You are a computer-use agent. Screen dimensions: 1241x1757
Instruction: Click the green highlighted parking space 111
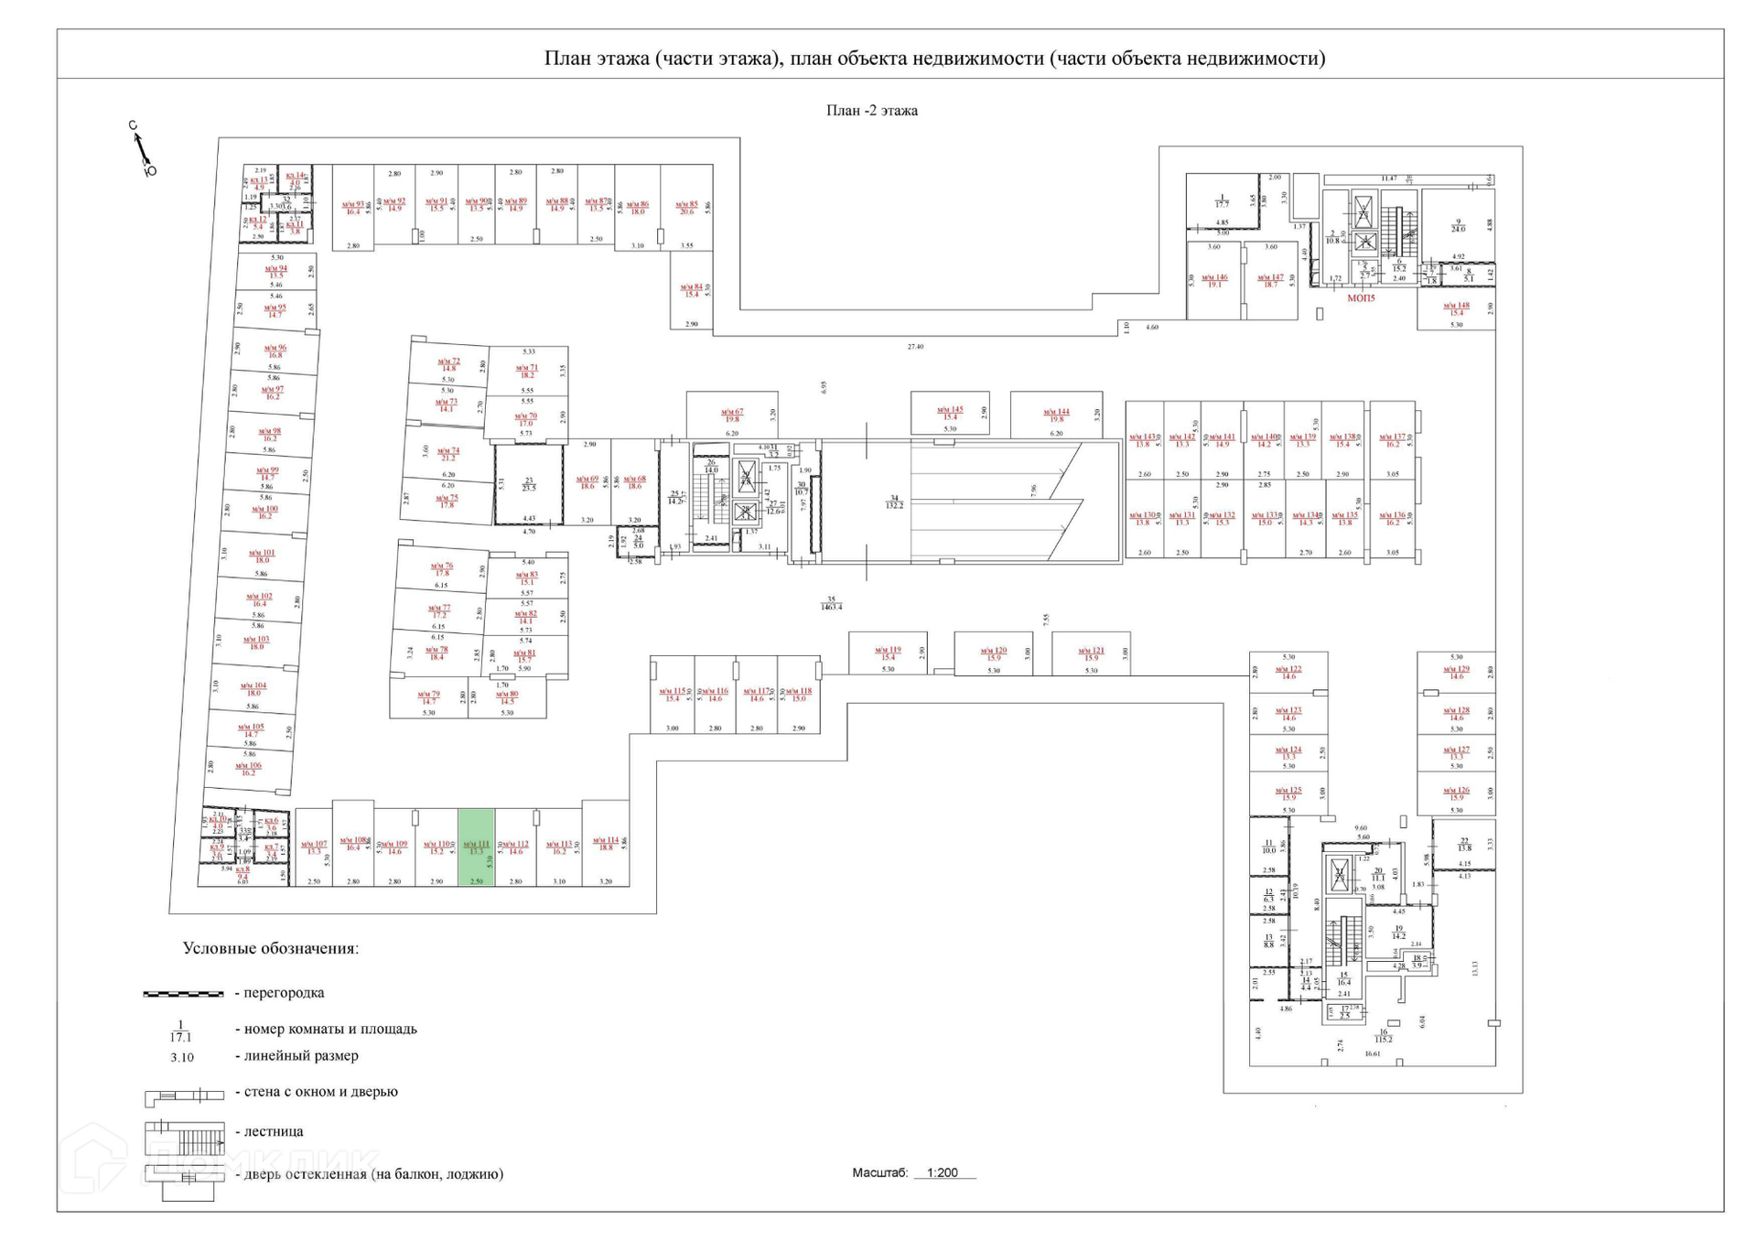point(476,847)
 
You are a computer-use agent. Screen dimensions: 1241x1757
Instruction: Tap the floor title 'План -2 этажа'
point(871,111)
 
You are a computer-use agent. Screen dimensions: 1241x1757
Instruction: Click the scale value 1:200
point(942,1172)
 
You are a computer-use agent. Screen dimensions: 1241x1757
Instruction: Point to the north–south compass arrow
point(142,148)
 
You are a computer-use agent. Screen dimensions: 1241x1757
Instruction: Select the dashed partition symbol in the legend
point(183,993)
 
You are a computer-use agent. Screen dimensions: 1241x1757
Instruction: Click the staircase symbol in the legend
point(184,1138)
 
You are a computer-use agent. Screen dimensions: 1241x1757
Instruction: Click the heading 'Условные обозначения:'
point(270,948)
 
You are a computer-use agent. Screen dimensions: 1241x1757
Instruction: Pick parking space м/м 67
point(732,415)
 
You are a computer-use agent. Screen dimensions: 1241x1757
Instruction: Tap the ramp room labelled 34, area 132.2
point(894,502)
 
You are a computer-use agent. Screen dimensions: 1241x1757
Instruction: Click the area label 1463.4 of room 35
point(831,606)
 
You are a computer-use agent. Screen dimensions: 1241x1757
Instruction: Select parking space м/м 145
point(950,414)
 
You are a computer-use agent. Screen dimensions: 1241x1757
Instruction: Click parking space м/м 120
point(994,653)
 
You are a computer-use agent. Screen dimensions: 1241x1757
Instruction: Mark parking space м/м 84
point(691,290)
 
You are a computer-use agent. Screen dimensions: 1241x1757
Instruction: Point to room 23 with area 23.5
point(529,484)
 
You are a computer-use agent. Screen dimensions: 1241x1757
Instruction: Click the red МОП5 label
point(1361,297)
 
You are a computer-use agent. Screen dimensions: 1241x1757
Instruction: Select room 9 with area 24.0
point(1458,225)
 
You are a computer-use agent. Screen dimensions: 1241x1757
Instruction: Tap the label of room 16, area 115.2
point(1383,1035)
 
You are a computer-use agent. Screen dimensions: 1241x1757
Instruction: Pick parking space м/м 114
point(605,844)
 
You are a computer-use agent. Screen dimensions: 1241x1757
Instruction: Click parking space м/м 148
point(1456,308)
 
